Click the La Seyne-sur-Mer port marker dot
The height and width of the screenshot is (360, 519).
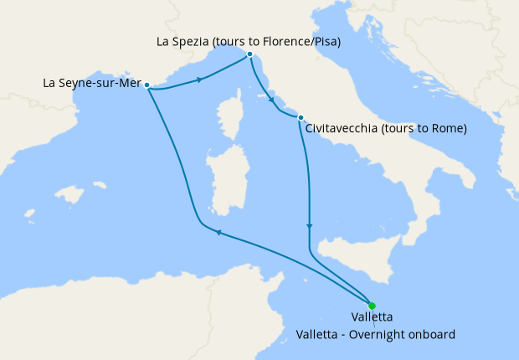(x=146, y=85)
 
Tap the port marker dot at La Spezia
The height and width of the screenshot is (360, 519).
(x=249, y=54)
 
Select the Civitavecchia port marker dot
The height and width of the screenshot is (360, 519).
(x=300, y=118)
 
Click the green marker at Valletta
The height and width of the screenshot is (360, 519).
(x=372, y=306)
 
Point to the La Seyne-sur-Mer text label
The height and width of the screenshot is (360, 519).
(x=91, y=84)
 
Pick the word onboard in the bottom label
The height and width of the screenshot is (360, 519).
(x=434, y=334)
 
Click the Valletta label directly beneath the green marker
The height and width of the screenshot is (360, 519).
(x=373, y=318)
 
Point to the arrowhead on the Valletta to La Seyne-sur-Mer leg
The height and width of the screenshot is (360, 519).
(x=218, y=234)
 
